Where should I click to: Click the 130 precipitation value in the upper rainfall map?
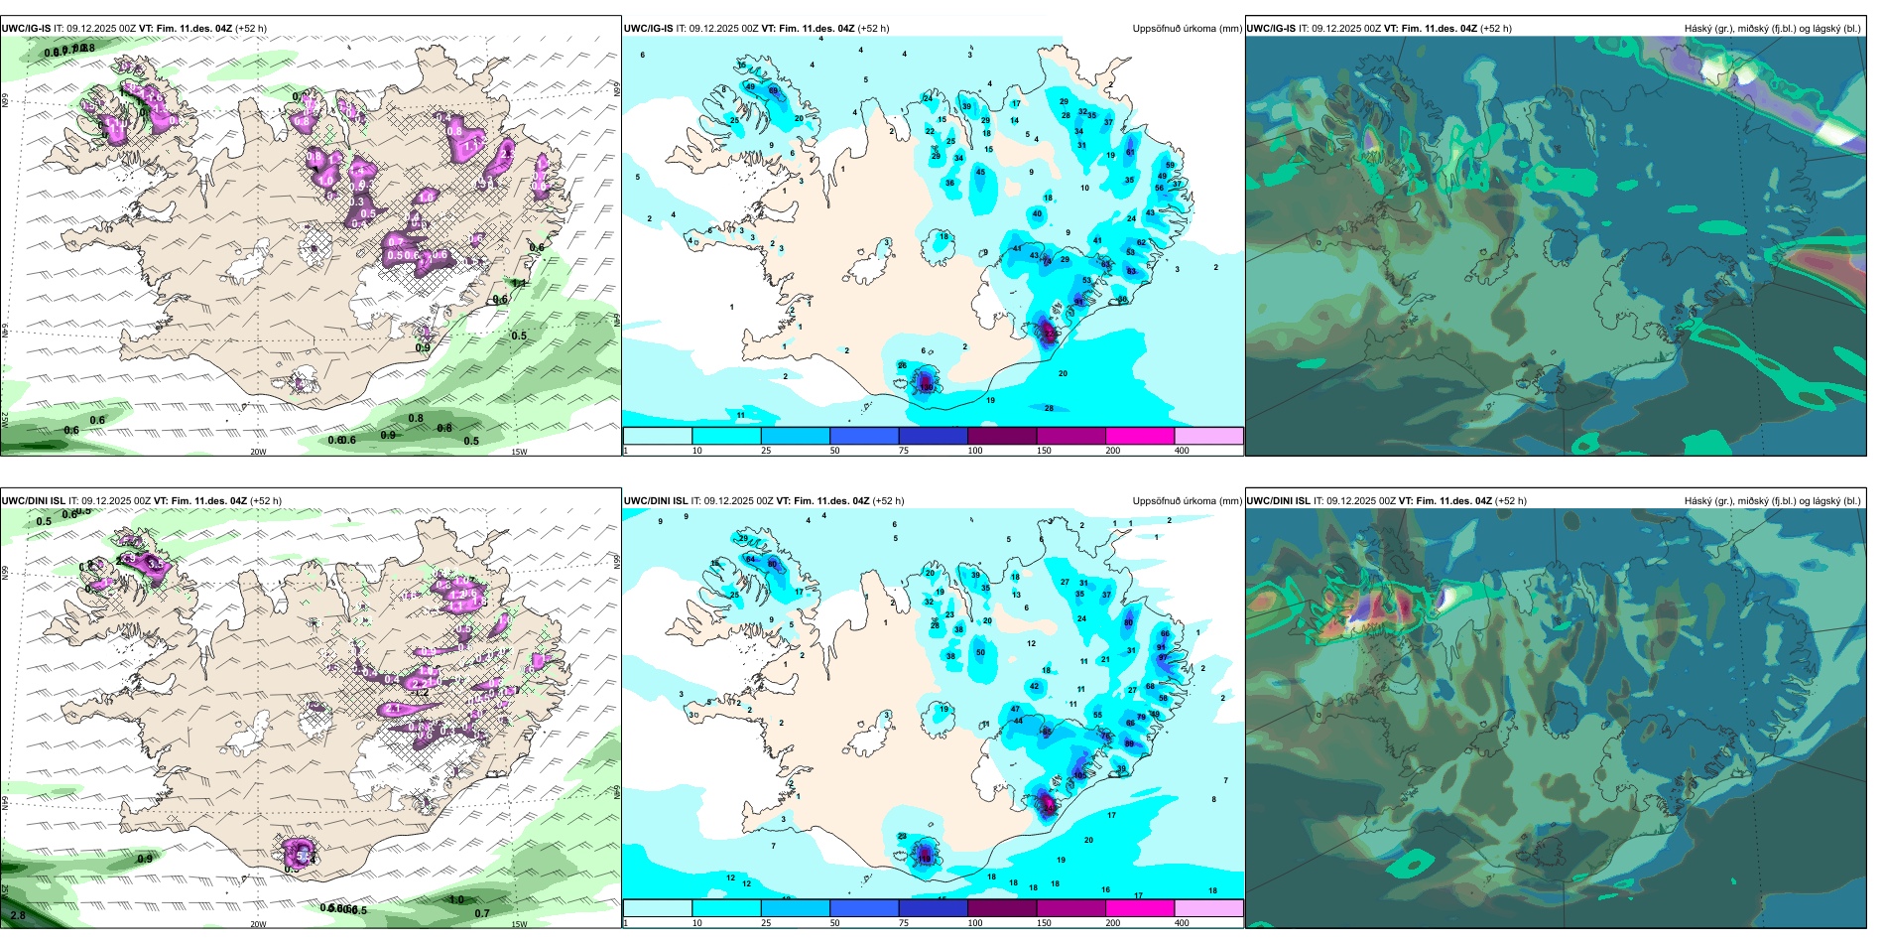(x=927, y=386)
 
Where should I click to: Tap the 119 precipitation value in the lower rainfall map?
(x=926, y=859)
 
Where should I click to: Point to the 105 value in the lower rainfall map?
(x=1049, y=808)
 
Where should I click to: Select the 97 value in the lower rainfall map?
(x=1164, y=657)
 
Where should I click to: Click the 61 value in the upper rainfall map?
(x=1130, y=153)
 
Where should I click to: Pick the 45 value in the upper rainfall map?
(x=981, y=173)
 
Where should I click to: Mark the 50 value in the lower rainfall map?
(x=981, y=652)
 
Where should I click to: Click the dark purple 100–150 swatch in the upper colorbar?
(x=1002, y=436)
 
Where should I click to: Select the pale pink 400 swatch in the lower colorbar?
(x=1208, y=908)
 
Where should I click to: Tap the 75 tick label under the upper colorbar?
(x=904, y=451)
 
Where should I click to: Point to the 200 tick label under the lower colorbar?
(x=1113, y=923)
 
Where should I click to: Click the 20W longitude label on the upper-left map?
(x=258, y=452)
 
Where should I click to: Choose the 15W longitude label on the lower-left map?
(x=519, y=924)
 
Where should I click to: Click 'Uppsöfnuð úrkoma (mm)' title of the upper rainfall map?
(x=1187, y=29)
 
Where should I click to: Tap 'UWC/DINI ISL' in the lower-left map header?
(x=33, y=501)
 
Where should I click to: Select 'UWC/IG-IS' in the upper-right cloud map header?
(x=1271, y=29)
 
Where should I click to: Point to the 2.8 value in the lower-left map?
(x=18, y=915)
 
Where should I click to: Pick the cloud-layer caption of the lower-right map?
(x=1772, y=501)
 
